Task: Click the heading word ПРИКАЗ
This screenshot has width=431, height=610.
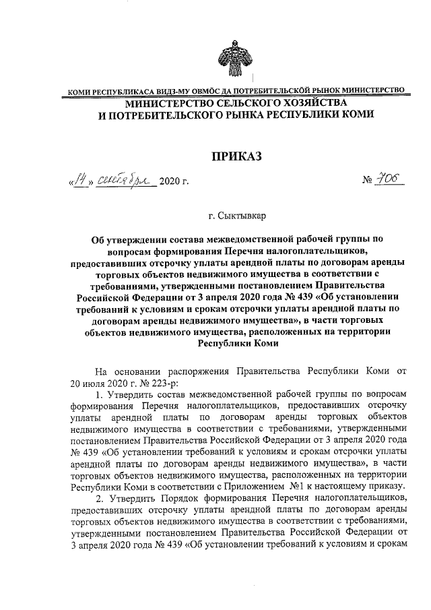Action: point(236,158)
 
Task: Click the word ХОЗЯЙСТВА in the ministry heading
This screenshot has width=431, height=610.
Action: point(304,102)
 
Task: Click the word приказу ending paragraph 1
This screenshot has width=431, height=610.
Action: point(387,486)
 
